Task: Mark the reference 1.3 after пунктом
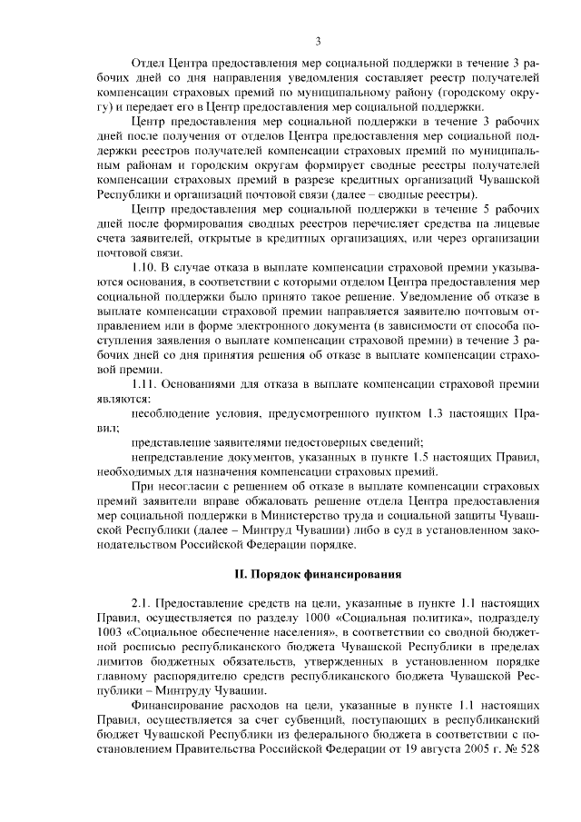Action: click(432, 413)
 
